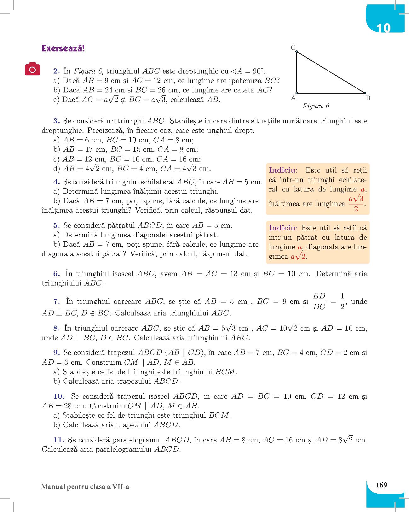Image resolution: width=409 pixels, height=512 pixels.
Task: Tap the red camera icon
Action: point(32,69)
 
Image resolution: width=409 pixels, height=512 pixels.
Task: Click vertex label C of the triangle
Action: point(293,48)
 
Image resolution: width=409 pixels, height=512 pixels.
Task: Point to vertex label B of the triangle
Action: point(368,98)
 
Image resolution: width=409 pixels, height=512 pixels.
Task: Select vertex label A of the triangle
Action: point(293,98)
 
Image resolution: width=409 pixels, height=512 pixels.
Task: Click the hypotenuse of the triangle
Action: point(331,73)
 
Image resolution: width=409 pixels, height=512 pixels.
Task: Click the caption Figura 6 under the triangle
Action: point(316,106)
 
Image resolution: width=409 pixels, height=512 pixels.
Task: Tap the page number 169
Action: point(382,485)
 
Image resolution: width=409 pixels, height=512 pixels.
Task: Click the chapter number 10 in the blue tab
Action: point(383,28)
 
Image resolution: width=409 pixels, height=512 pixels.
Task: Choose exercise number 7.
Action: point(57,301)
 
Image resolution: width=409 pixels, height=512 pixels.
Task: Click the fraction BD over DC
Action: point(319,301)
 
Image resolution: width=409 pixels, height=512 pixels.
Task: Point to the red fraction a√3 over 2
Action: point(356,204)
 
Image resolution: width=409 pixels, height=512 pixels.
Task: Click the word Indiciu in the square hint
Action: point(283,228)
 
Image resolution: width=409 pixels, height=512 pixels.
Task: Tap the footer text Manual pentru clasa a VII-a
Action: point(85,487)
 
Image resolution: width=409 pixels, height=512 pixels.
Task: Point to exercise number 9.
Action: point(57,352)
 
